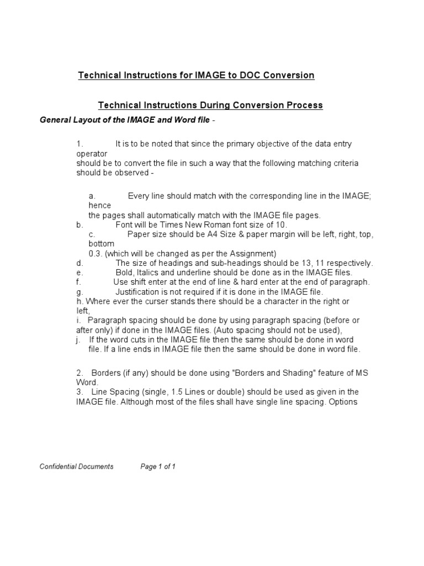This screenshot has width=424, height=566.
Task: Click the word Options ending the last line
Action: click(x=343, y=402)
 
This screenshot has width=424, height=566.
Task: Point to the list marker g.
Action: click(x=79, y=292)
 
